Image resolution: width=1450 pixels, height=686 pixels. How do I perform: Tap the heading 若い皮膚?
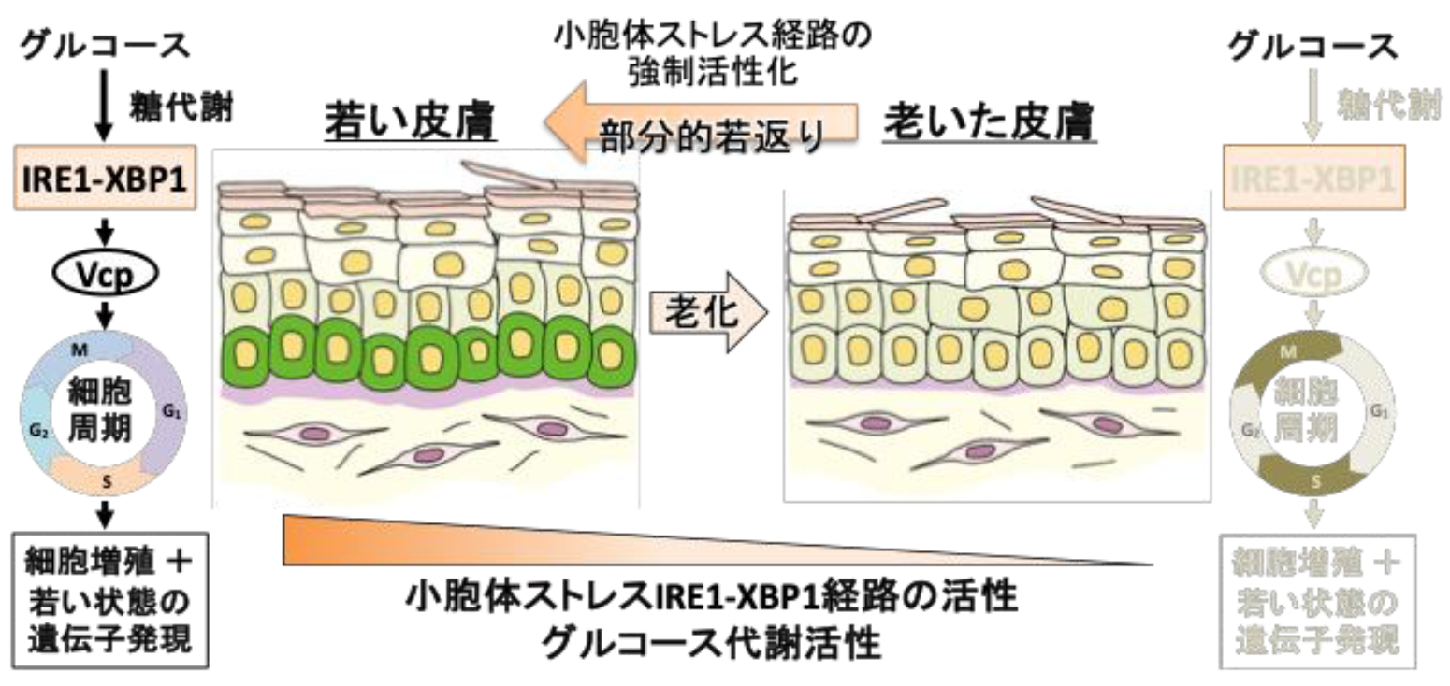409,122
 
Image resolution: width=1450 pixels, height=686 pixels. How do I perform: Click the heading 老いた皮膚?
990,123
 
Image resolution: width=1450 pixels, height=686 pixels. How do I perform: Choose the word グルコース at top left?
105,45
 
